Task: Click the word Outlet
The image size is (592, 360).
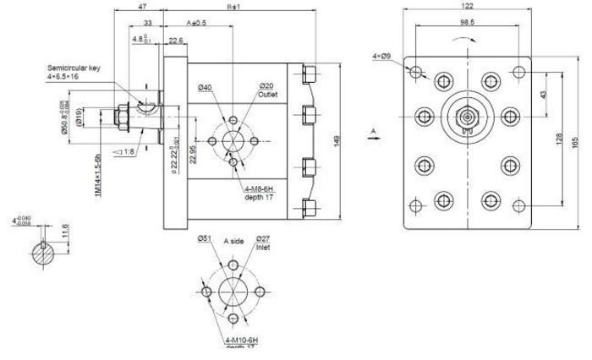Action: [x=268, y=95]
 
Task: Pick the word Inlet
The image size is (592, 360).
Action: [x=262, y=249]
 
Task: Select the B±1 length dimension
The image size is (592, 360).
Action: [x=234, y=7]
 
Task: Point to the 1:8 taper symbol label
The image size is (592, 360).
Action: [x=131, y=151]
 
